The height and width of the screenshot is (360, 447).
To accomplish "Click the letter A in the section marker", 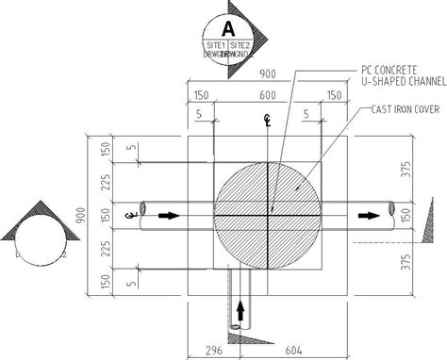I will point(226,25).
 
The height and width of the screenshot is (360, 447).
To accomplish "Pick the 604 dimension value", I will point(293,350).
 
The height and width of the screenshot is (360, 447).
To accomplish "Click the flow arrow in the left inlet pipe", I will point(170,215).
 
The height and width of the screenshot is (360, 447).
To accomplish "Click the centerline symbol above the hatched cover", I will point(268,120).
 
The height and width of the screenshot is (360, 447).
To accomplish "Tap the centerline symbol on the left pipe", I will point(129,216).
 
